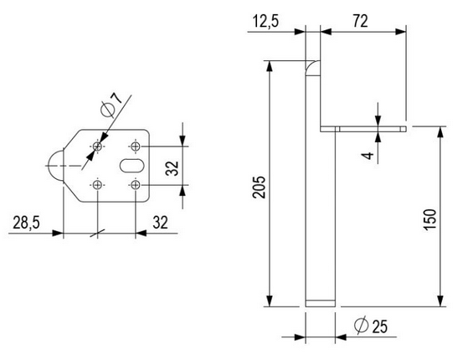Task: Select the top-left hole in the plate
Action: click(98, 147)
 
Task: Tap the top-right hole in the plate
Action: click(135, 147)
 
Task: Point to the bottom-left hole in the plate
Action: click(98, 184)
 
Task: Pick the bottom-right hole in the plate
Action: click(135, 184)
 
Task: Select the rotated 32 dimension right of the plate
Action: click(171, 166)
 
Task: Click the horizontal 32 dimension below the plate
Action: click(162, 223)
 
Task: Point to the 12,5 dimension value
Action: click(266, 20)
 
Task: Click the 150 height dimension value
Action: click(429, 218)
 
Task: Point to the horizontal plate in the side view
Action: click(363, 129)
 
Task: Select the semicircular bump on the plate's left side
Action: click(54, 166)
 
